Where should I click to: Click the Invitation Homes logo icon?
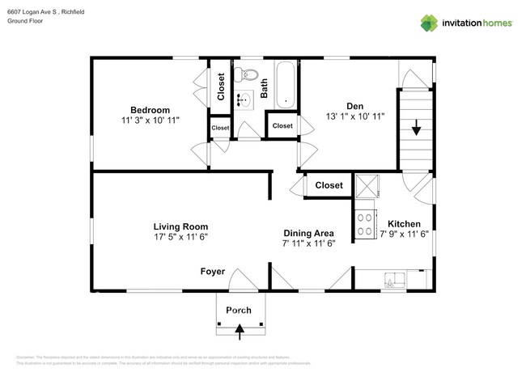coord(430,23)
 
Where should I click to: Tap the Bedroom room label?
coord(150,110)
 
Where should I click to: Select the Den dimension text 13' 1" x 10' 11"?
coord(354,116)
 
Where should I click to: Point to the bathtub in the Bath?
coord(285,84)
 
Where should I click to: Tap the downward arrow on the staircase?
coord(416,127)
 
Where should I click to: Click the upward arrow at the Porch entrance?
coord(239,328)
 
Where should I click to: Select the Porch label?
coord(239,310)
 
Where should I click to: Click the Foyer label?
coord(213,272)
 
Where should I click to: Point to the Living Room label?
coord(180,226)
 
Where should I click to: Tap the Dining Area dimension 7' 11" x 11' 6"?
coord(308,243)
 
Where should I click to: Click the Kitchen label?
coord(403,224)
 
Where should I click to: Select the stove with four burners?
coord(366,222)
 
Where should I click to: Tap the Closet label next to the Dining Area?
coord(329,185)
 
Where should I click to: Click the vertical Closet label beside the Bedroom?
coord(222,87)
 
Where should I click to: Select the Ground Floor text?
coord(24,21)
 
